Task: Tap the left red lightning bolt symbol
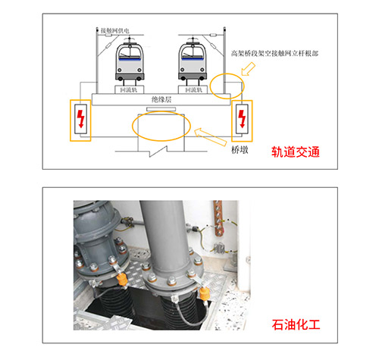pyautogui.click(x=80, y=119)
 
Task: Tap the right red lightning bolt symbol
pyautogui.click(x=242, y=119)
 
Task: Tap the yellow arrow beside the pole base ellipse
pyautogui.click(x=248, y=72)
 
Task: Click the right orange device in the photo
pyautogui.click(x=203, y=295)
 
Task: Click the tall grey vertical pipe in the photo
pyautogui.click(x=171, y=235)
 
